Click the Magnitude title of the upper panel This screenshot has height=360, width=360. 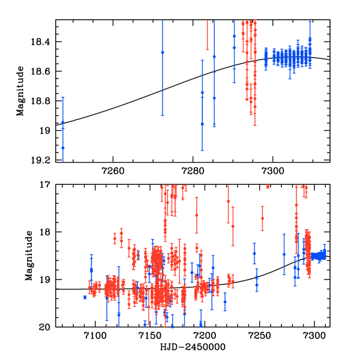[x=21, y=91]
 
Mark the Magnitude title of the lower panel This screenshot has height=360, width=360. [x=21, y=256]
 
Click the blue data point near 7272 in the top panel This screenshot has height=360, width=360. [x=163, y=52]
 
